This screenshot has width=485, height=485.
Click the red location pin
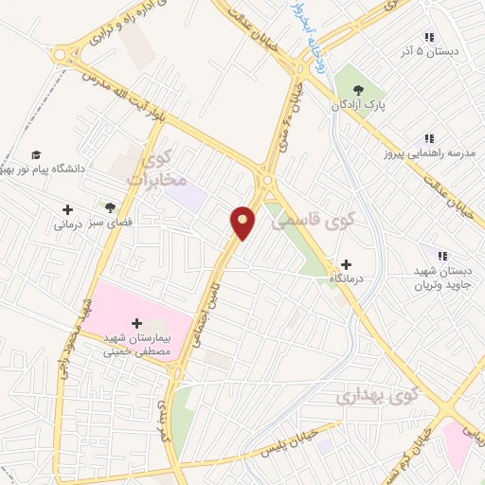pos(243,222)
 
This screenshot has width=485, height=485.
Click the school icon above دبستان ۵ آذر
pos(429,37)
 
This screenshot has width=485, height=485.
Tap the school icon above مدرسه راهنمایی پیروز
pos(429,138)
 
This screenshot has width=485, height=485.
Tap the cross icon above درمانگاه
pos(346,264)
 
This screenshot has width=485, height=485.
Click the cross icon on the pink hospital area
pos(137,324)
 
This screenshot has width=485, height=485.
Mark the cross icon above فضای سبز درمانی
pos(68,209)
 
